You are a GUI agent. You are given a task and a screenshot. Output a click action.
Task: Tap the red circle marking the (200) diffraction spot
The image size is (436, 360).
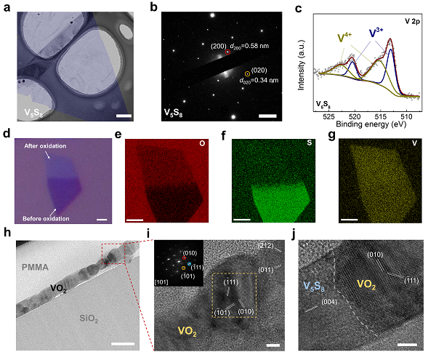click(227, 52)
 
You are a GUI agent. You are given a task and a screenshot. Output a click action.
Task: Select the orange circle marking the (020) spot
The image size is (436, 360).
click(247, 74)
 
